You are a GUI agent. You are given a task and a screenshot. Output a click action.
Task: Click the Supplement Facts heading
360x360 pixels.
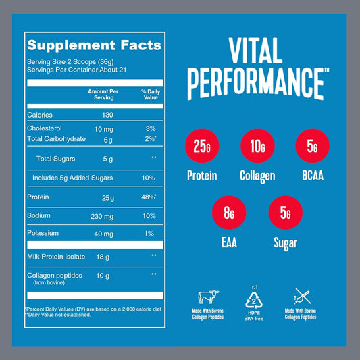pos(93,46)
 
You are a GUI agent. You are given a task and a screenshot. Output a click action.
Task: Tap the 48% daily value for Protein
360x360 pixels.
pos(149,197)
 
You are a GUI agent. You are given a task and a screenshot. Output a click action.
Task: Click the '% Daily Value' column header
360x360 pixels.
pos(149,94)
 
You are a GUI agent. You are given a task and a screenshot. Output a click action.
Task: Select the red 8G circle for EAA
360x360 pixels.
pos(229,214)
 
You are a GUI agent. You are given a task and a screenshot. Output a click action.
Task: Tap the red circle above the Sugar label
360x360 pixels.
pos(284,214)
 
